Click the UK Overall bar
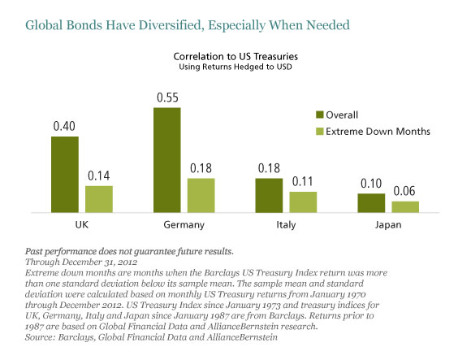click(65, 175)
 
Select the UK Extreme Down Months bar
click(99, 199)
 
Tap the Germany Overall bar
click(167, 160)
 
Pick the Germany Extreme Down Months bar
click(201, 196)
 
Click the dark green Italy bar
click(269, 196)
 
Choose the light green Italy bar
click(303, 202)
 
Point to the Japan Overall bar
click(371, 203)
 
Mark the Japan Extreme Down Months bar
click(405, 207)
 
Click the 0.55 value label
click(167, 98)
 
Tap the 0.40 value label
click(64, 126)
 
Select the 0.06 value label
click(404, 191)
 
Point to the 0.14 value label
click(99, 176)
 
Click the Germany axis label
click(184, 225)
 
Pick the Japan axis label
click(388, 225)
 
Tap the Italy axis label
click(286, 225)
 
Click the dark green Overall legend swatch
click(320, 115)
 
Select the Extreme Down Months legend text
click(378, 132)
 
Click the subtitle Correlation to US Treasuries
click(235, 57)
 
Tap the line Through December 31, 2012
click(81, 262)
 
